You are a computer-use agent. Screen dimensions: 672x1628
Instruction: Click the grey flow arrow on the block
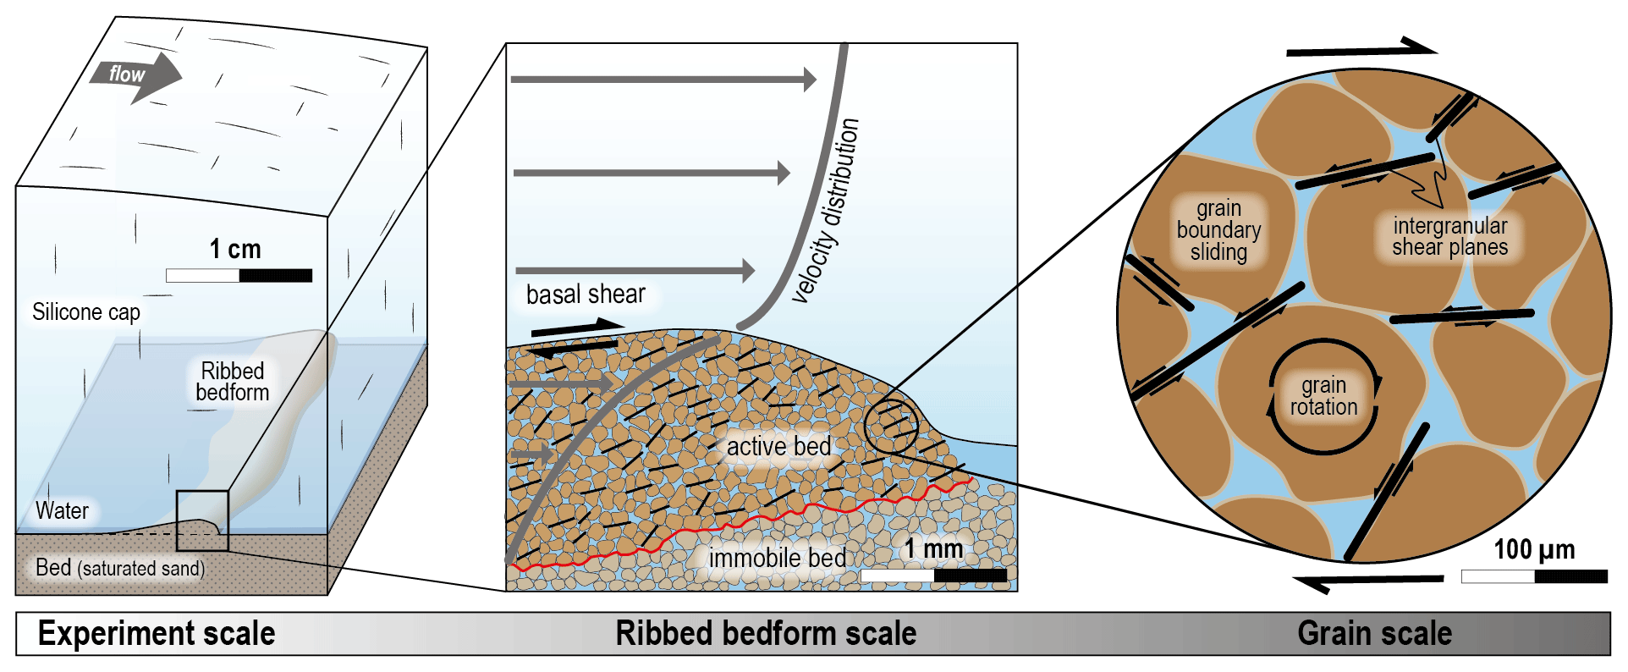135,76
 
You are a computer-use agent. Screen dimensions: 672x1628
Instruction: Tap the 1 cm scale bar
239,275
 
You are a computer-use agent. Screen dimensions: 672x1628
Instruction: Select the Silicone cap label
86,312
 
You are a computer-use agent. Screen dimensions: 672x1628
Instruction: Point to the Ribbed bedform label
233,382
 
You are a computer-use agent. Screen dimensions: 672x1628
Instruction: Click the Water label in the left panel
62,511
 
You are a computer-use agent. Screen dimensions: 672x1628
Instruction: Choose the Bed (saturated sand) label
120,568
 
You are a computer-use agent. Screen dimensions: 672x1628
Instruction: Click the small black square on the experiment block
202,521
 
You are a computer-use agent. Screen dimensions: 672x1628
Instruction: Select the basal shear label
586,295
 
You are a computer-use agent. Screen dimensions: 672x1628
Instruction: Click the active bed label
778,446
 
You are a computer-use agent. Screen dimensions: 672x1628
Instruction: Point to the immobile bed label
777,558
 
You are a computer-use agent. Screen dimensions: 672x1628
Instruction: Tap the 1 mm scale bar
934,576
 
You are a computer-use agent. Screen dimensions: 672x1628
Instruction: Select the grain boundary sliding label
1218,230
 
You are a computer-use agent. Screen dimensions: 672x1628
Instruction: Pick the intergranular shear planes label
1449,236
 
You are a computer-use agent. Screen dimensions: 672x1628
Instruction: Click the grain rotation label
1323,396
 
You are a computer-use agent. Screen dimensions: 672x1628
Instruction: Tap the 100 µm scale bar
1534,576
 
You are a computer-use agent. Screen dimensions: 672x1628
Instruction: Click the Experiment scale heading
157,634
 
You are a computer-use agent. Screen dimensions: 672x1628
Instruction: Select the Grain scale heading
1374,634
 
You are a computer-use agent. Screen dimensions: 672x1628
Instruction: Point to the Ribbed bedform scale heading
766,634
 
